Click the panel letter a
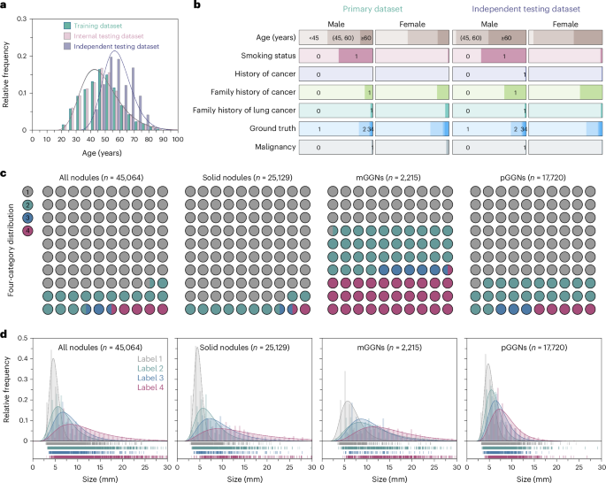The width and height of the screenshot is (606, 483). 5,6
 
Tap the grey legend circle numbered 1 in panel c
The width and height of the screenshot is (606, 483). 28,191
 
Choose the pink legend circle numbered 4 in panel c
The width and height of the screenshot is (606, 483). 28,231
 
